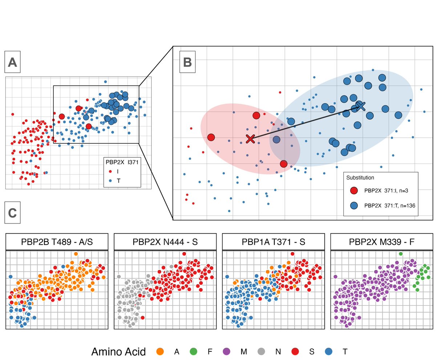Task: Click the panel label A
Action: coord(13,63)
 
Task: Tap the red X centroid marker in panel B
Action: coord(250,139)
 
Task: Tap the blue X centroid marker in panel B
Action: coord(360,106)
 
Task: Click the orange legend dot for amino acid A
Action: coord(160,351)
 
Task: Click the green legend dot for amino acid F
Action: coord(194,351)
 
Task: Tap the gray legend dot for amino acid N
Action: coord(261,351)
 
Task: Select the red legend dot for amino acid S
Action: coord(295,351)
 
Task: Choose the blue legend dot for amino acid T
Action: coord(329,351)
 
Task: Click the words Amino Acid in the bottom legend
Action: coord(119,351)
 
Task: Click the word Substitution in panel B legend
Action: coord(360,178)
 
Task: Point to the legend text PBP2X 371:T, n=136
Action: coord(389,205)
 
